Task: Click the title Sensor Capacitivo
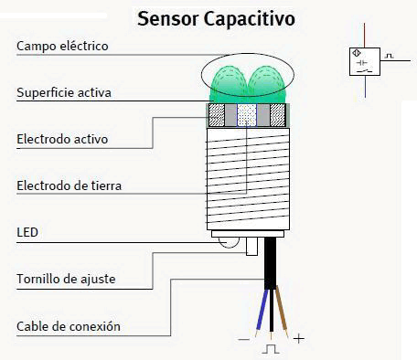(x=216, y=18)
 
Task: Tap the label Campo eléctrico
(x=62, y=46)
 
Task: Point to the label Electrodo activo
(x=62, y=139)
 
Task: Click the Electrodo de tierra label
(x=69, y=186)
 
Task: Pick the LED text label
(x=27, y=233)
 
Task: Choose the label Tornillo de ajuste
(x=67, y=278)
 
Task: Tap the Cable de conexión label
(x=69, y=326)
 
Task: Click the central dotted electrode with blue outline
(x=248, y=114)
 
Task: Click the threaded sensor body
(x=248, y=178)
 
